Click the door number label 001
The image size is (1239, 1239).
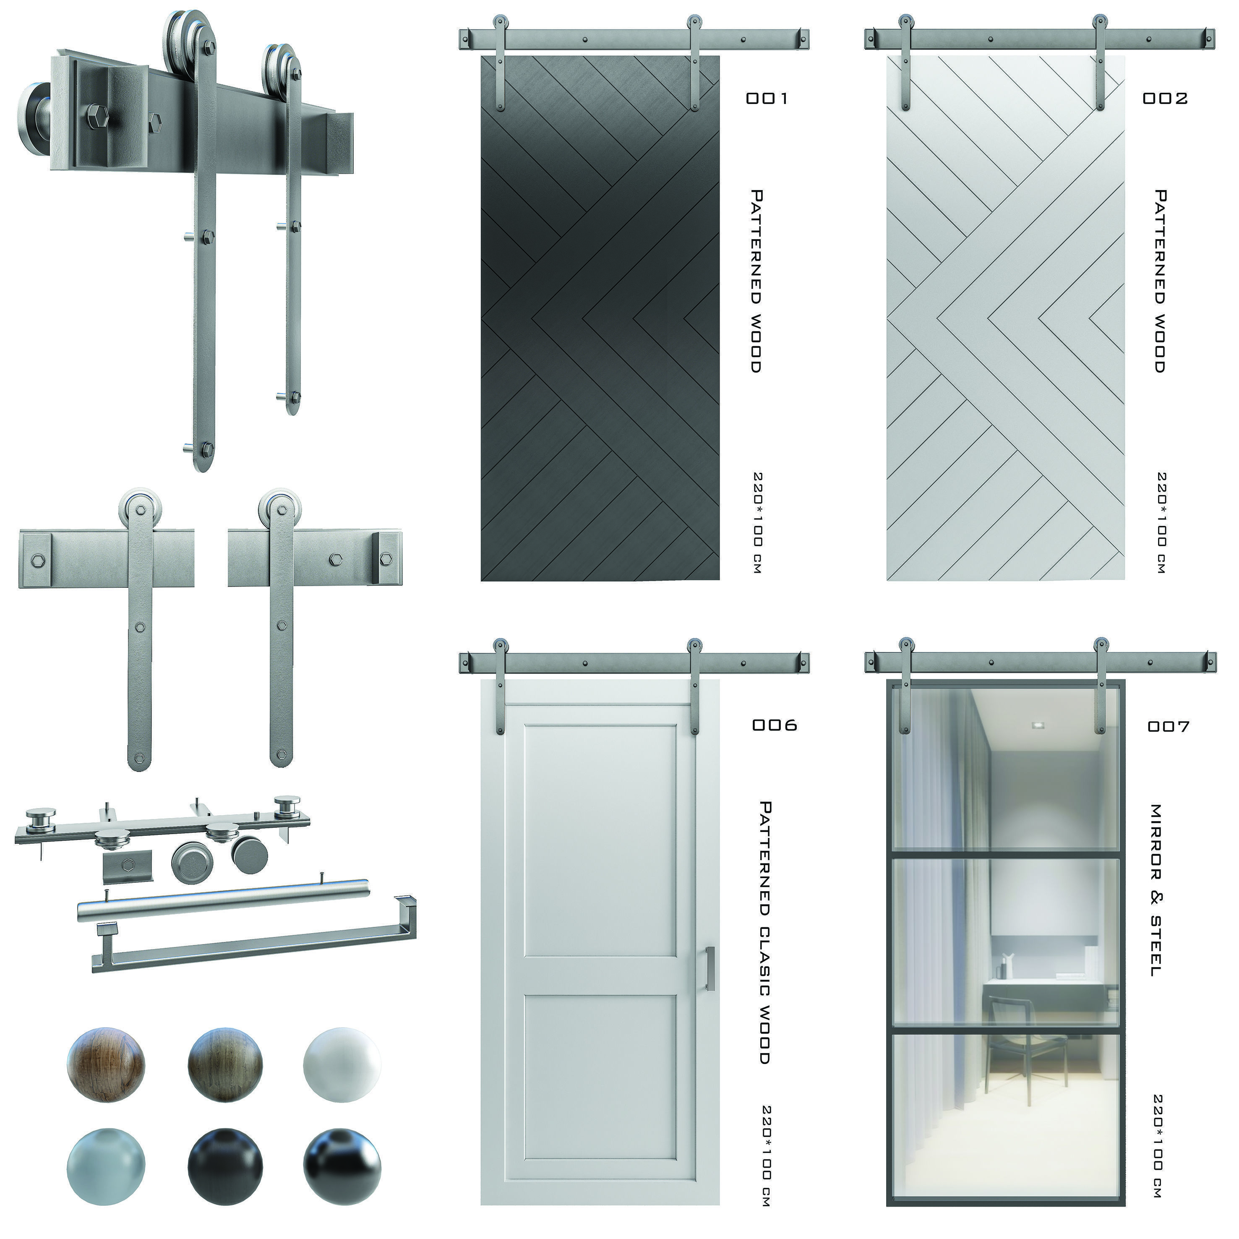tap(767, 98)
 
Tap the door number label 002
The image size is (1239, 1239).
tap(1165, 98)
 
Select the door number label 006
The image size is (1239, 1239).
tap(775, 725)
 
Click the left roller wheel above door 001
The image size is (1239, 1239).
tap(499, 21)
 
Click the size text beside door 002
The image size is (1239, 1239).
tap(1161, 523)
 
